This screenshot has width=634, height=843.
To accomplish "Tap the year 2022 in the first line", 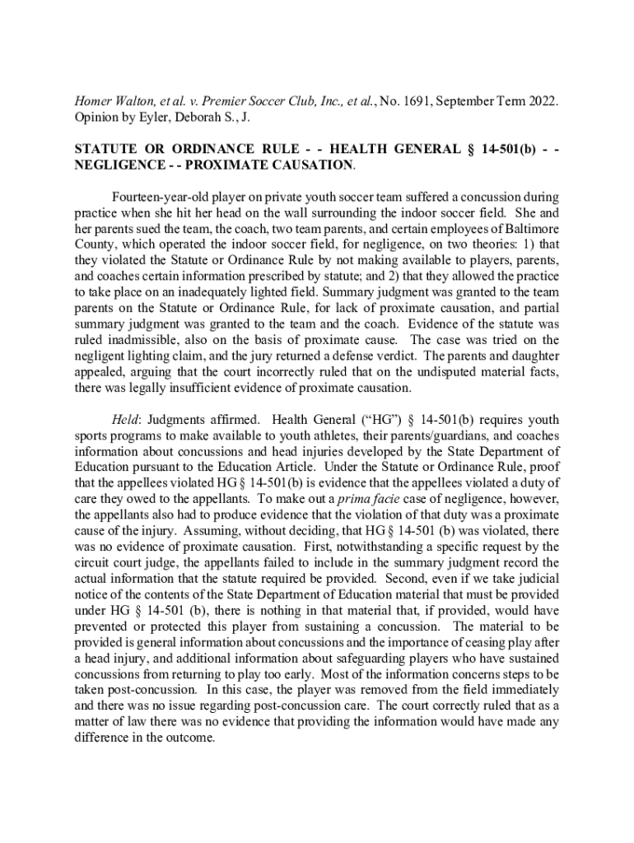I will pyautogui.click(x=539, y=101).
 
